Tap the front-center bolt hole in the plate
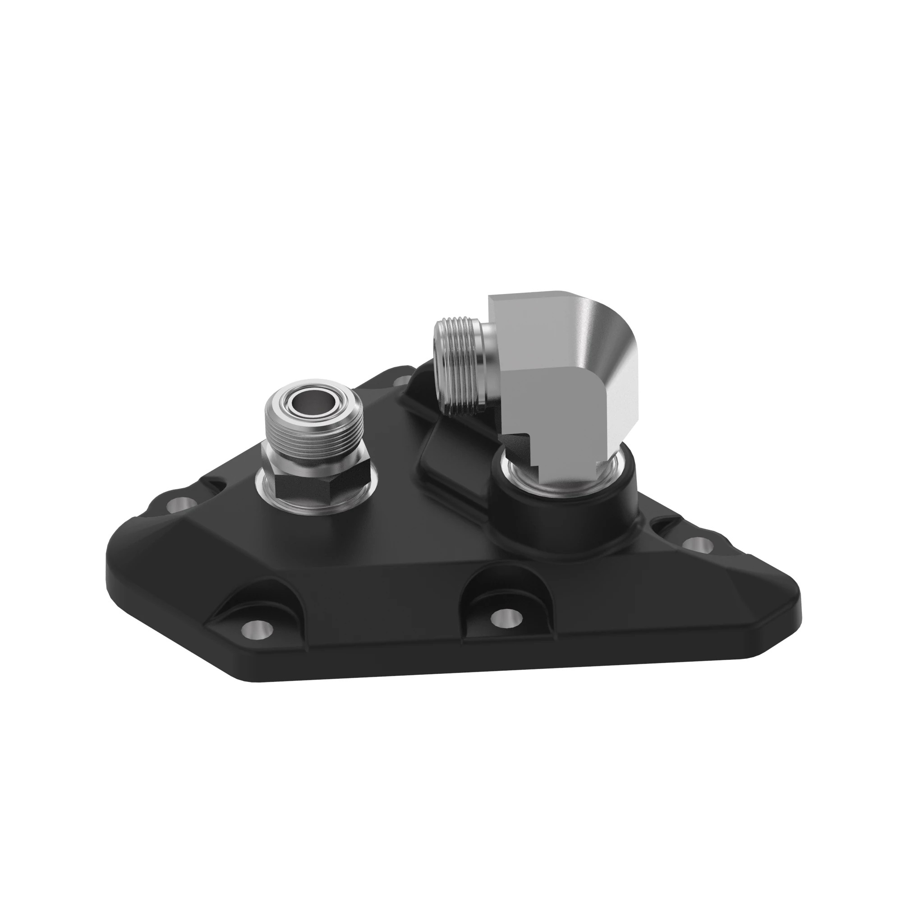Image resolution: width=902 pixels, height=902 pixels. pyautogui.click(x=506, y=618)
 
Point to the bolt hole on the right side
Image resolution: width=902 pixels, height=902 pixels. pyautogui.click(x=697, y=543)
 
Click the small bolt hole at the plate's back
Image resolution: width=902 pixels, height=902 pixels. pyautogui.click(x=400, y=382)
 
